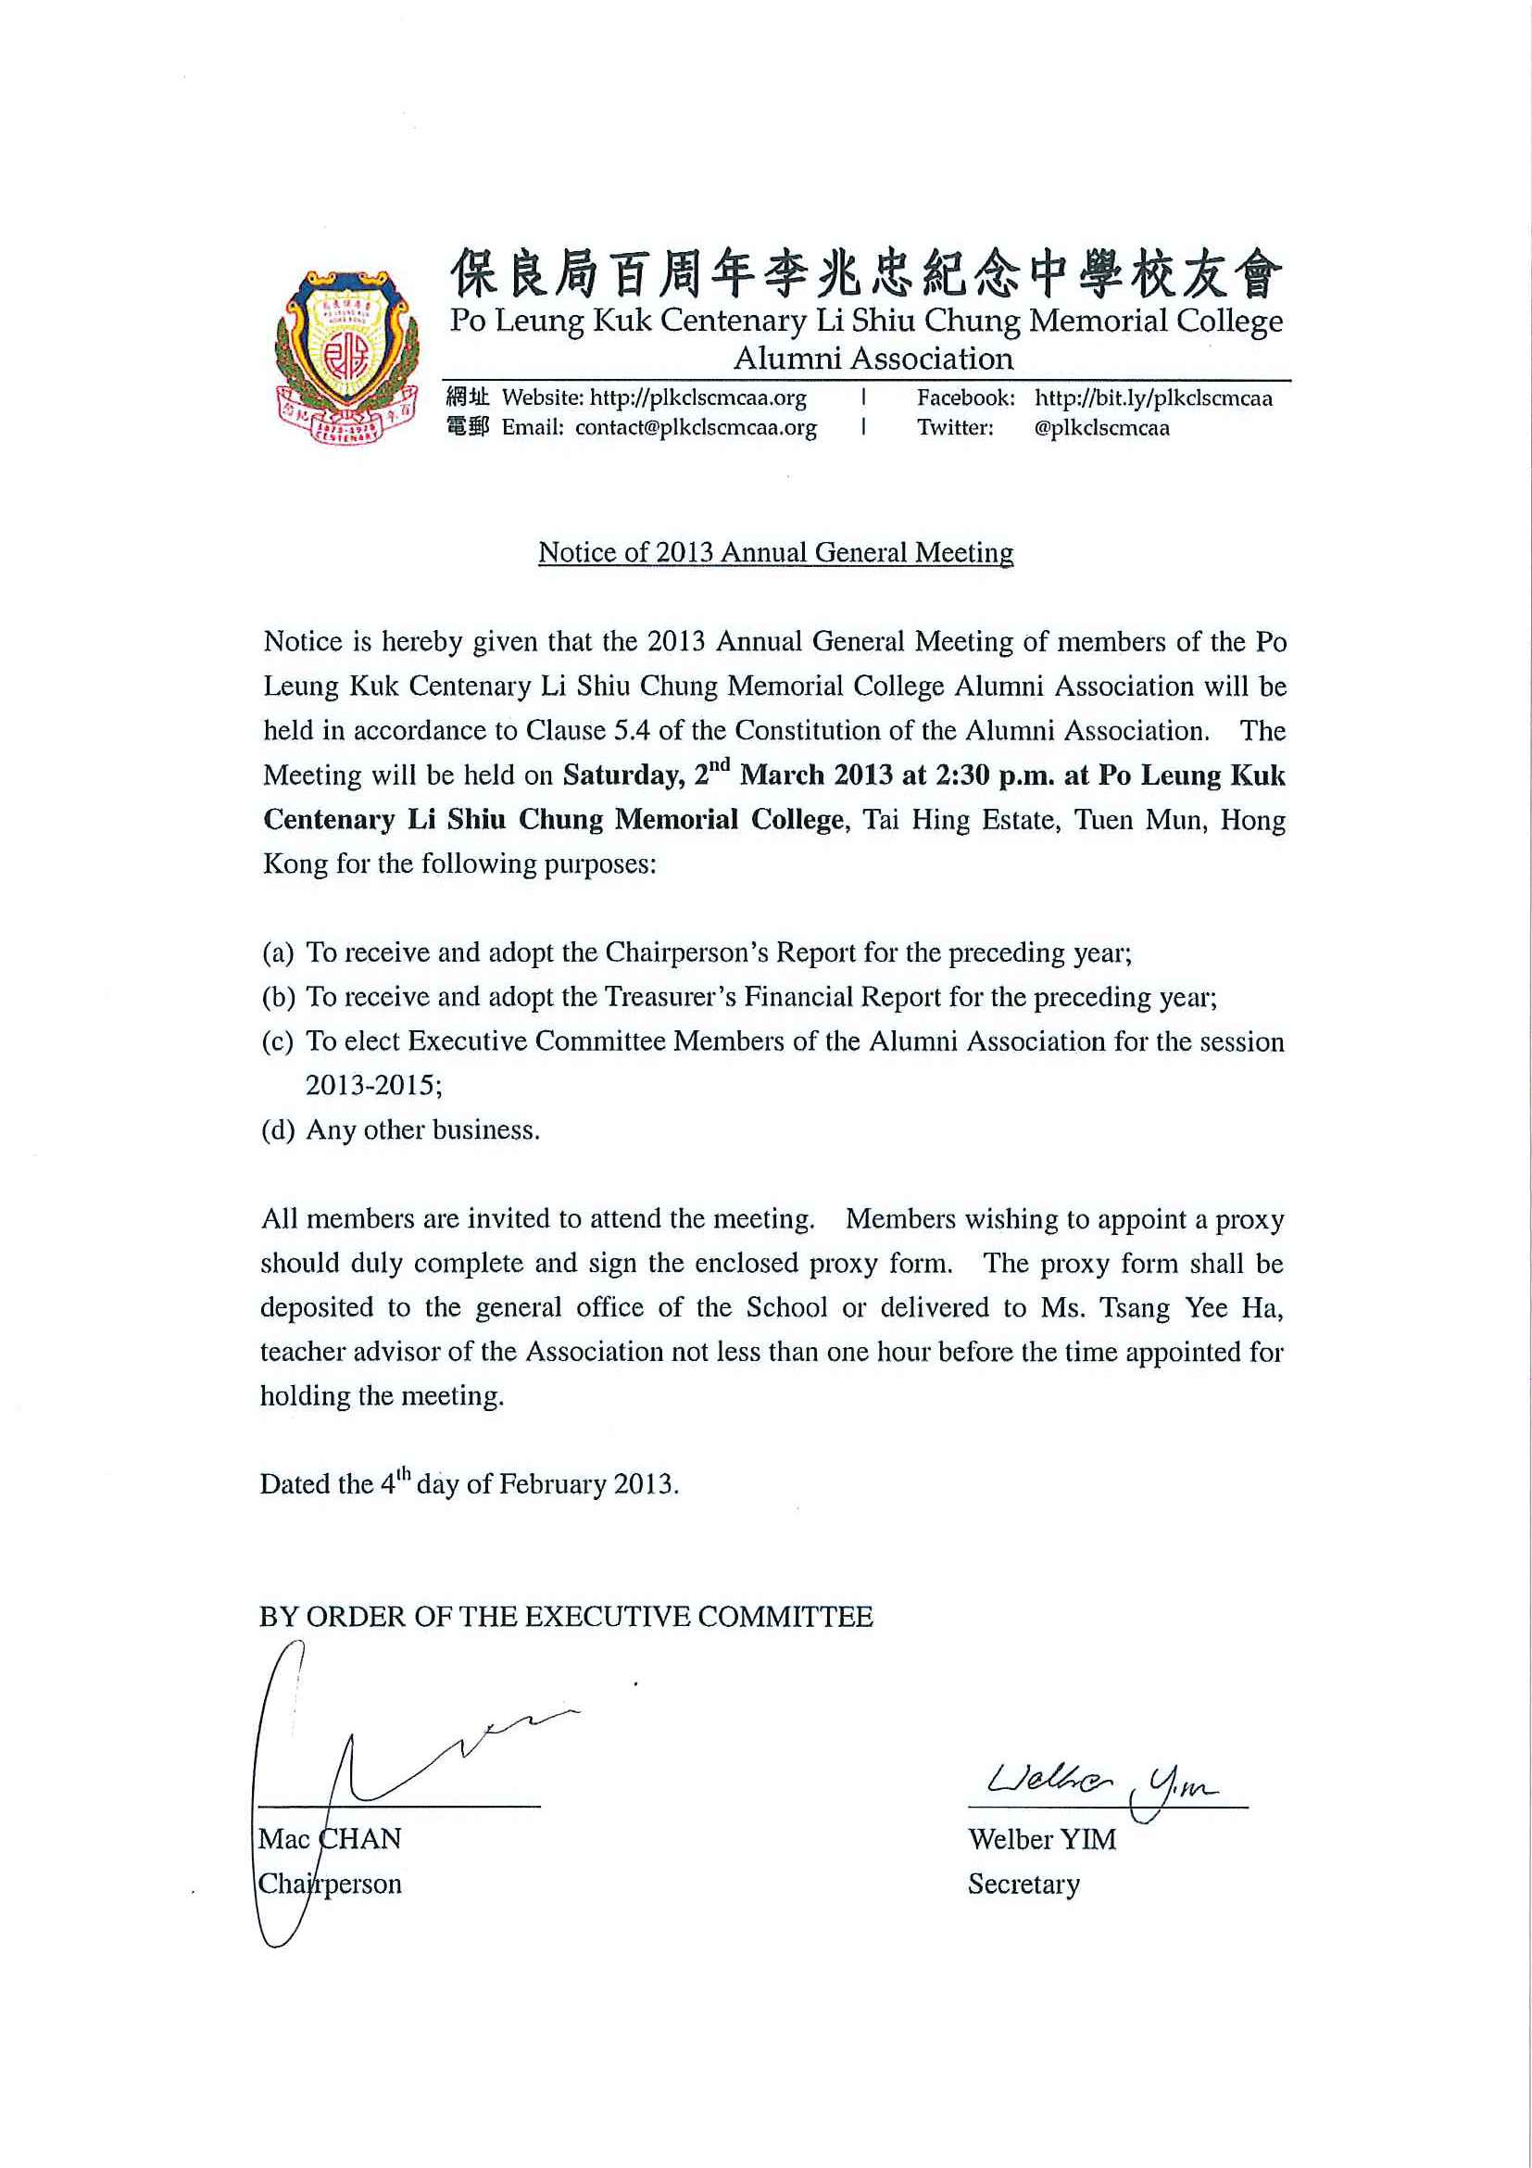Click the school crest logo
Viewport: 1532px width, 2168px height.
click(x=345, y=358)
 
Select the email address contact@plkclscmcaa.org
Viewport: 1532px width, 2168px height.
click(x=696, y=428)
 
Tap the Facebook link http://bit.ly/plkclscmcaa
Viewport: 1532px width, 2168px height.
click(x=1152, y=398)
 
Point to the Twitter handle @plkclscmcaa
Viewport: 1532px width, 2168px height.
click(x=1101, y=428)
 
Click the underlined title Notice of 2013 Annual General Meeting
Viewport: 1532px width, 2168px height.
click(x=775, y=552)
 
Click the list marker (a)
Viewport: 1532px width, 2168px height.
click(x=279, y=952)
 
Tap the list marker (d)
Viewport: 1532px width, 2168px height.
click(x=279, y=1130)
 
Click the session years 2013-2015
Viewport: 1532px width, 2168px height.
click(x=374, y=1086)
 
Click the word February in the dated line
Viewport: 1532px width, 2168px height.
click(x=552, y=1484)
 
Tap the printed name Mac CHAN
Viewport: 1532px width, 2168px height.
click(x=331, y=1839)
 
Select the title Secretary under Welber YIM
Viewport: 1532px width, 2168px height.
click(x=1023, y=1884)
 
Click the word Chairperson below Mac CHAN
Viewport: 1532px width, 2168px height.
click(x=331, y=1884)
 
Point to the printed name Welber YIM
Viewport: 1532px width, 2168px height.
click(x=1041, y=1839)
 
